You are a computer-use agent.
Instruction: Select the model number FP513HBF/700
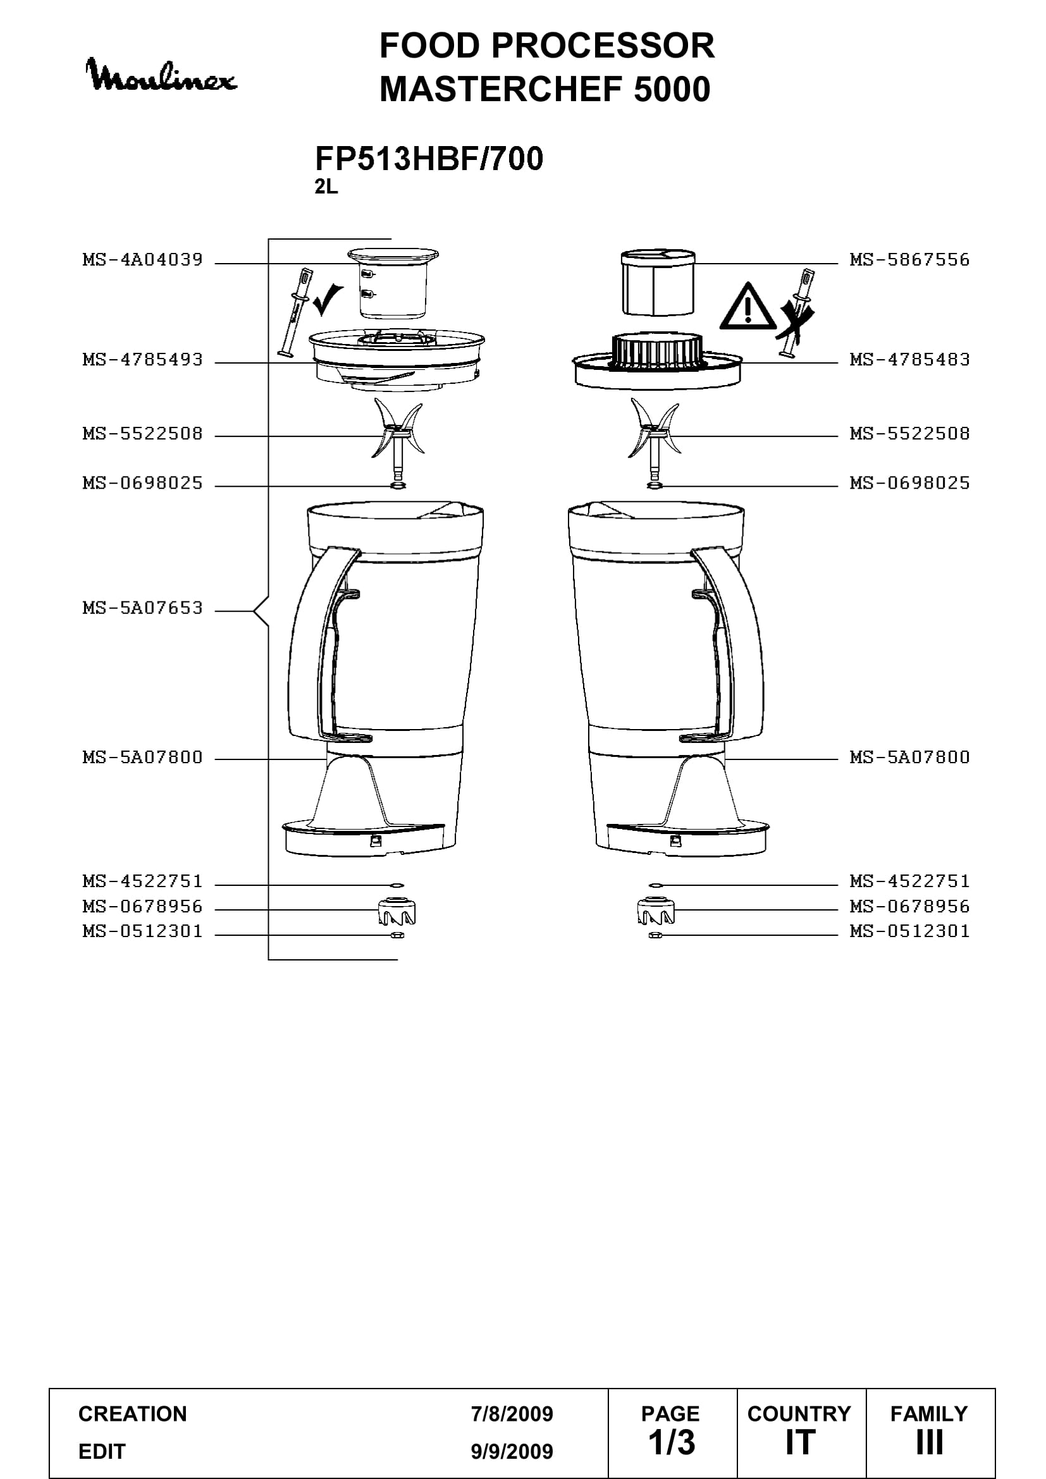point(429,159)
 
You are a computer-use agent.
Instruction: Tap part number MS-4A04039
point(142,260)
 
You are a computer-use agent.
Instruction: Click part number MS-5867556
point(909,260)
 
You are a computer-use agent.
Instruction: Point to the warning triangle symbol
point(747,308)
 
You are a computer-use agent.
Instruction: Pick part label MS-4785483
point(909,359)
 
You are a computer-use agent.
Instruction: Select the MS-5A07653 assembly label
point(142,608)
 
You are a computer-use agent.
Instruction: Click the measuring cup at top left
point(393,283)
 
